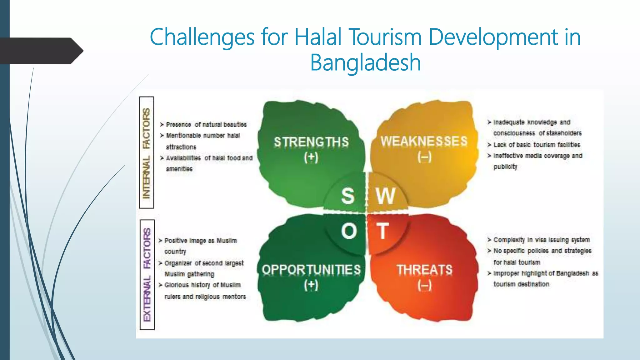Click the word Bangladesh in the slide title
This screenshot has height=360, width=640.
click(365, 62)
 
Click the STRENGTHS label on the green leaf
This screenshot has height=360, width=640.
click(311, 142)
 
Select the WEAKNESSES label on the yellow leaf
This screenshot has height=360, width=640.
click(424, 141)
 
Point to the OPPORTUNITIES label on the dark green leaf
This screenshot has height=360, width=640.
click(311, 270)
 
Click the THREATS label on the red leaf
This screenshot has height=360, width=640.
click(425, 270)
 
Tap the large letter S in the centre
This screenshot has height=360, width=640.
click(348, 196)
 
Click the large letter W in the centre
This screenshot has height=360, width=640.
click(386, 196)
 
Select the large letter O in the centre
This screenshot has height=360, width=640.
click(349, 232)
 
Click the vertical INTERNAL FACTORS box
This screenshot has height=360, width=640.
click(147, 152)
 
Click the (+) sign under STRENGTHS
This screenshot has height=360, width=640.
click(311, 157)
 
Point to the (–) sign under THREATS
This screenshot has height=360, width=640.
click(425, 285)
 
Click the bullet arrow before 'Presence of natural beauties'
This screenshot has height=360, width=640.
click(162, 125)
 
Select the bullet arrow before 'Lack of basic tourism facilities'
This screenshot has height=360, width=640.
click(489, 145)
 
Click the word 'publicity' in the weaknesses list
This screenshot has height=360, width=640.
click(505, 167)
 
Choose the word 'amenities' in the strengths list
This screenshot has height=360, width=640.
click(179, 169)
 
